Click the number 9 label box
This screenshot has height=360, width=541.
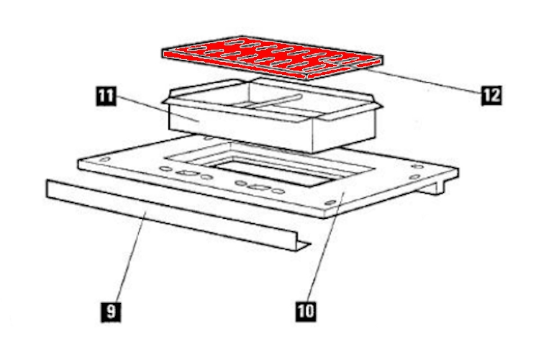tap(111, 312)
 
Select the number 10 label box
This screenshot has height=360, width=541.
tap(306, 311)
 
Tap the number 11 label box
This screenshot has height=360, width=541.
tap(106, 96)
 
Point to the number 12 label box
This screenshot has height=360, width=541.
tap(491, 95)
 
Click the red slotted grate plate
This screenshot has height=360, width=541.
tap(273, 57)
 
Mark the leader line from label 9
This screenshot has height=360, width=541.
tap(132, 256)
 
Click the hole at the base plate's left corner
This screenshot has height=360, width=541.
tap(104, 159)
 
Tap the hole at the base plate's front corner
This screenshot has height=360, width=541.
tap(330, 202)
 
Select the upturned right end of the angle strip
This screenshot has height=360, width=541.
tap(303, 245)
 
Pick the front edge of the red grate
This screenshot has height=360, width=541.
tap(235, 65)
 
